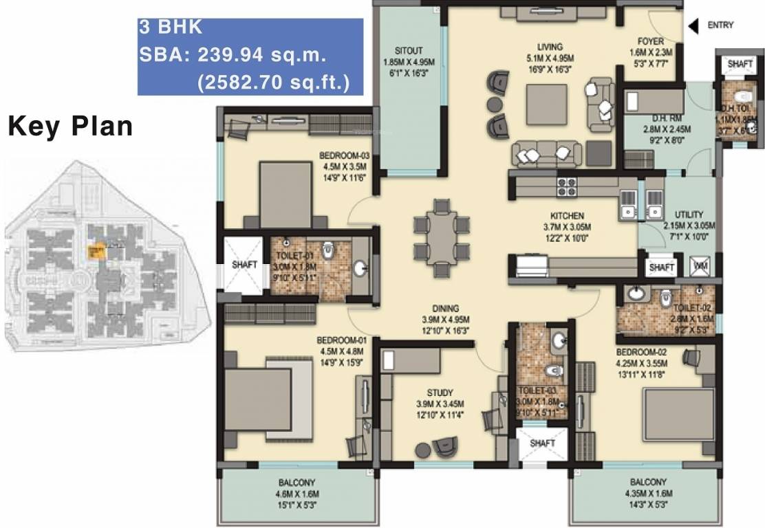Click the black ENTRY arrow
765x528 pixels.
click(693, 26)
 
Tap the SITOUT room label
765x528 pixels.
click(408, 51)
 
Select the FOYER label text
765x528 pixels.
click(650, 41)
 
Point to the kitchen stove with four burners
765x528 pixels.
click(566, 187)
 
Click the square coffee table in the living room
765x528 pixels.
click(548, 104)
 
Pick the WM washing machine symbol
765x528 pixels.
click(702, 265)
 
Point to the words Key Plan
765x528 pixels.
click(69, 126)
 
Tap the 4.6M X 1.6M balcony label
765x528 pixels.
click(297, 493)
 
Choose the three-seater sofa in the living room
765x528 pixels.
click(542, 153)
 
